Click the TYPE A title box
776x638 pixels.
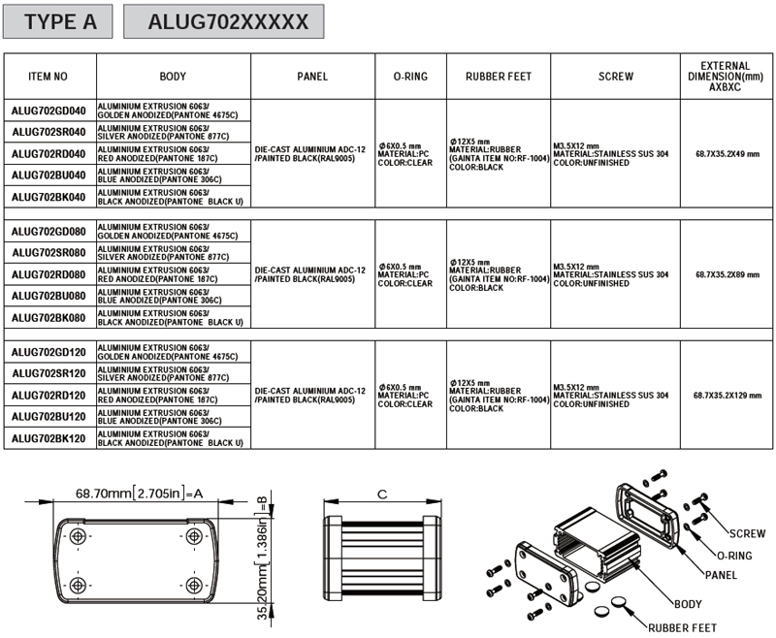pos(58,21)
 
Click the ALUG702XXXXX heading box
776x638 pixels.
pos(224,21)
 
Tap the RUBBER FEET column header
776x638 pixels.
pos(499,77)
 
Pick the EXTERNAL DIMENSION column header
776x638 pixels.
pos(726,77)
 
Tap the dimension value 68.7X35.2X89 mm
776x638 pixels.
pos(727,274)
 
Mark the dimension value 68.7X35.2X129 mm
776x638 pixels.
pos(727,396)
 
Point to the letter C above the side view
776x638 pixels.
pos(382,494)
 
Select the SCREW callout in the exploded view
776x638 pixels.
pos(747,533)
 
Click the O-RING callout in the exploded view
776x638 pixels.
pos(734,556)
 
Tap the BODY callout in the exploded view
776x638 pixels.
pos(688,604)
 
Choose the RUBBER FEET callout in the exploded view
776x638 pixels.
pos(683,627)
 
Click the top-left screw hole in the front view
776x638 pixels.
pos(78,536)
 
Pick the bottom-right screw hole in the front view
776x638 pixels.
pos(193,586)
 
